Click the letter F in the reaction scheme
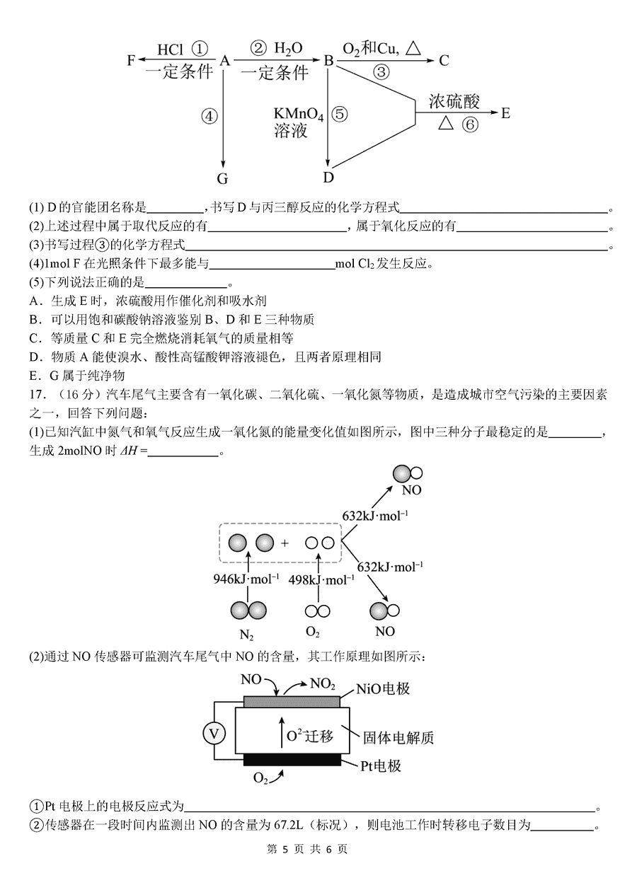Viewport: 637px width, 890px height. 131,60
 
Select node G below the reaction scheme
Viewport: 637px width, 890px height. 222,179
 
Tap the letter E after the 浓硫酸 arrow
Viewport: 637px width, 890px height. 505,113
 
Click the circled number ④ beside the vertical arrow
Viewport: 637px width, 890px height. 209,117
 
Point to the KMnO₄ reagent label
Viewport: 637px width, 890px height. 299,115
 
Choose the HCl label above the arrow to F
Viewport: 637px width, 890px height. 170,50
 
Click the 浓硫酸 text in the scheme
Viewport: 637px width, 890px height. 454,101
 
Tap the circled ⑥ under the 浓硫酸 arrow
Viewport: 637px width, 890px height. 470,125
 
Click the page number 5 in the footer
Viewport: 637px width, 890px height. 285,872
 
